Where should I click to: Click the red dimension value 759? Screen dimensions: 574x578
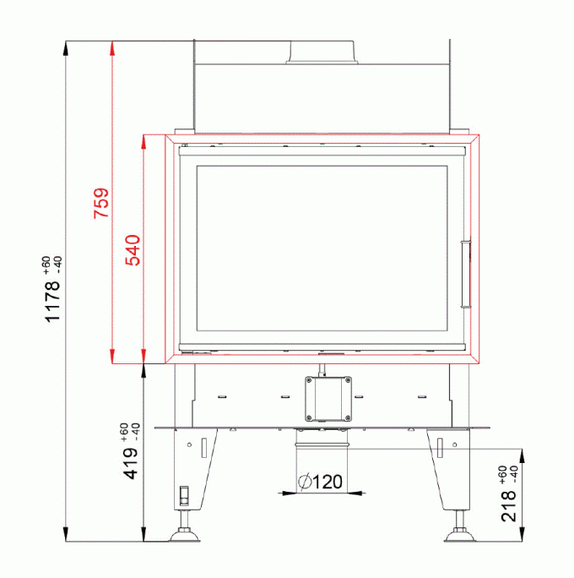tap(101, 203)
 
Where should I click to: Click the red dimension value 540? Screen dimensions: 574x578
tap(133, 250)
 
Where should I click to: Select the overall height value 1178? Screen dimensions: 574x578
tap(52, 302)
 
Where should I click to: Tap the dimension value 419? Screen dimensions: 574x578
tap(131, 463)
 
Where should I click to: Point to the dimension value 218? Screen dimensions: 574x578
tap(509, 505)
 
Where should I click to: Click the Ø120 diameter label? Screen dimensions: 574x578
tap(321, 482)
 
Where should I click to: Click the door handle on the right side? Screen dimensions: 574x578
tap(466, 275)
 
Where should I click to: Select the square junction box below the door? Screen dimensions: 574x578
tap(328, 399)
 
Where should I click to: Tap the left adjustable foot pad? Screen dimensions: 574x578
tap(184, 535)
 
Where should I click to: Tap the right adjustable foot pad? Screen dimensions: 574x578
tap(459, 535)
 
